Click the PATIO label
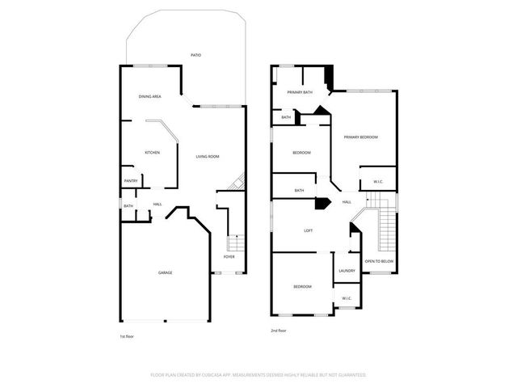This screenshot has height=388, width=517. (195, 55)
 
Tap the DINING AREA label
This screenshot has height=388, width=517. (150, 96)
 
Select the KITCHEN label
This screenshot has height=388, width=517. (152, 152)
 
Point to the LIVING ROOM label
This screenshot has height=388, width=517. (208, 156)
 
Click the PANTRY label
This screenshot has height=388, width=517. (130, 180)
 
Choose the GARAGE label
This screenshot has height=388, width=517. (165, 272)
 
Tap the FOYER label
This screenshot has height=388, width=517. (229, 257)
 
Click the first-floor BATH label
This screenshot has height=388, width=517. (128, 206)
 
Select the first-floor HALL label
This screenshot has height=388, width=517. (158, 204)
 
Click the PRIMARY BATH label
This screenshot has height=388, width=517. (300, 92)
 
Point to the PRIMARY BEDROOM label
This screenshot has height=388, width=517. (360, 137)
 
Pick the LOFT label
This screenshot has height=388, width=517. (308, 230)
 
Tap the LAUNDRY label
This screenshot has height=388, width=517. (347, 271)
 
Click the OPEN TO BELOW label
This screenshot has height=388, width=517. (379, 261)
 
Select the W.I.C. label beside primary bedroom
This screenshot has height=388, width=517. (378, 181)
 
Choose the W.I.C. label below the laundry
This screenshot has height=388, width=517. (347, 298)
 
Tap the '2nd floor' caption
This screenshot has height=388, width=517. (279, 331)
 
